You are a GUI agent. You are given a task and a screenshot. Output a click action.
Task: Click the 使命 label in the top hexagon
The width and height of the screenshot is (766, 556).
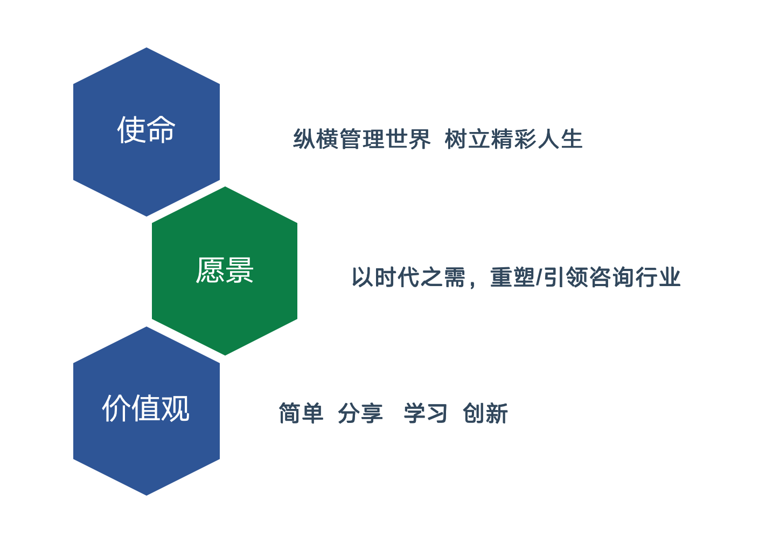coord(147,130)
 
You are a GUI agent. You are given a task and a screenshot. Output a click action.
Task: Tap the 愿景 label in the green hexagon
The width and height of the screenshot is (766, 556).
coord(225,270)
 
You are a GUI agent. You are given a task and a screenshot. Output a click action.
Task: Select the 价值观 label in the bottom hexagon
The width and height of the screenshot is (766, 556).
coord(146,408)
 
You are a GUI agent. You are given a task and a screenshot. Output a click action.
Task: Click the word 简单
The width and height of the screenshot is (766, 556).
coord(301,413)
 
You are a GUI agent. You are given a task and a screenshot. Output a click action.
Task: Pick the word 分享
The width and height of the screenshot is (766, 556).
coord(360,413)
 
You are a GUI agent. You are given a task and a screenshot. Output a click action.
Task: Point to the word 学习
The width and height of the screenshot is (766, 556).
coord(426,413)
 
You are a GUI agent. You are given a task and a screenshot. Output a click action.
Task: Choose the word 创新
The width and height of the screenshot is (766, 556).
coord(485,413)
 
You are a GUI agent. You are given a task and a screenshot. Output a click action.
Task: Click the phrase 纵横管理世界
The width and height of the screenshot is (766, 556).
coord(362,139)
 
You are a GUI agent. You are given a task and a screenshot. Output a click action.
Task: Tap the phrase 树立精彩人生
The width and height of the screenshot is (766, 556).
coord(514,139)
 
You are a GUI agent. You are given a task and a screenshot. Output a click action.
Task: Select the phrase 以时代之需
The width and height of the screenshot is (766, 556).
coord(409,277)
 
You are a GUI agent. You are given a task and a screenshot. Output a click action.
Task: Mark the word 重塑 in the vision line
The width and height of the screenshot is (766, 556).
coord(513,277)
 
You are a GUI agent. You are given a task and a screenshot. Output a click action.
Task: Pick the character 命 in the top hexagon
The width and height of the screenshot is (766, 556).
coord(162,130)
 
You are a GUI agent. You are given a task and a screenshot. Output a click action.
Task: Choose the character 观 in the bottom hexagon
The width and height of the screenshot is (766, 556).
coord(176,408)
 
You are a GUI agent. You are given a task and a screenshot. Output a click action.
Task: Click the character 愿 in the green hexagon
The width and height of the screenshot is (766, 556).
coord(210,270)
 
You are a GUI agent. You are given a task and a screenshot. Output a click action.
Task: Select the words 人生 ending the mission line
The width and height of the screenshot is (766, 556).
coord(560,139)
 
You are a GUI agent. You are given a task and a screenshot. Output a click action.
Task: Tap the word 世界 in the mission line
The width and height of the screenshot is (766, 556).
coord(408,139)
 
